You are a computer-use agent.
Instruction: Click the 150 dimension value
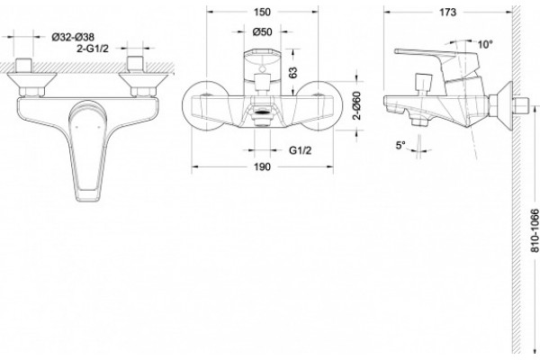pyautogui.click(x=262, y=12)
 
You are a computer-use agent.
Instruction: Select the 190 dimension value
pyautogui.click(x=262, y=167)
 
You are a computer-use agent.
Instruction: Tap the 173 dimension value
pyautogui.click(x=447, y=13)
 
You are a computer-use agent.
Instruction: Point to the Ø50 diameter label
pyautogui.click(x=262, y=32)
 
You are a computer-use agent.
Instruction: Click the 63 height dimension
pyautogui.click(x=292, y=72)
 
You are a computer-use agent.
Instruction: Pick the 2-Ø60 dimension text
pyautogui.click(x=357, y=105)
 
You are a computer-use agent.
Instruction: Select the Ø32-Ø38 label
pyautogui.click(x=73, y=37)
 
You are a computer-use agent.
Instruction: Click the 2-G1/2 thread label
pyautogui.click(x=93, y=49)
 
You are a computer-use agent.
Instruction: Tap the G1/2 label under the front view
pyautogui.click(x=300, y=150)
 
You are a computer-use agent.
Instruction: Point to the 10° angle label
pyautogui.click(x=485, y=44)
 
